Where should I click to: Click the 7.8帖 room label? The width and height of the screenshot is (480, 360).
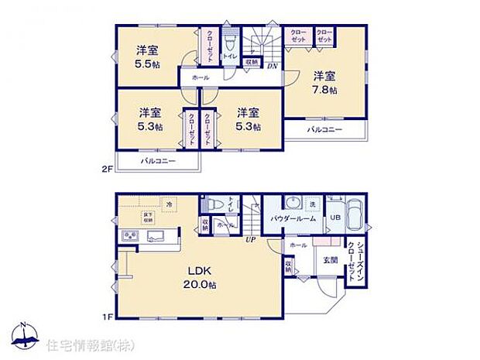pyautogui.click(x=324, y=90)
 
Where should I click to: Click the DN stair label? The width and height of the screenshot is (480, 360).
pyautogui.click(x=273, y=66)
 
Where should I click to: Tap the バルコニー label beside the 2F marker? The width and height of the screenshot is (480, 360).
pyautogui.click(x=158, y=161)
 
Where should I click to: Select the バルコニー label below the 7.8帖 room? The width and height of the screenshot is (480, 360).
pyautogui.click(x=323, y=129)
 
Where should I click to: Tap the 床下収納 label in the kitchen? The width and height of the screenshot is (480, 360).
pyautogui.click(x=148, y=218)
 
